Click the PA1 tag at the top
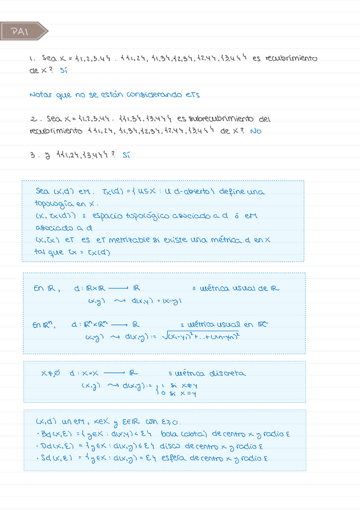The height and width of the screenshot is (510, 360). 20,32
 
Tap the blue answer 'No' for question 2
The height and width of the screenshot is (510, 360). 256,131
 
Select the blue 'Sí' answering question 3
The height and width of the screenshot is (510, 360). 125,155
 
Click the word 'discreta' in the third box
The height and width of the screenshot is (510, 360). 227,373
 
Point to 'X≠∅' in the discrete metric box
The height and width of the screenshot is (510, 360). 50,373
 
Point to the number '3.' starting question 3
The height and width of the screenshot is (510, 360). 32,155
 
